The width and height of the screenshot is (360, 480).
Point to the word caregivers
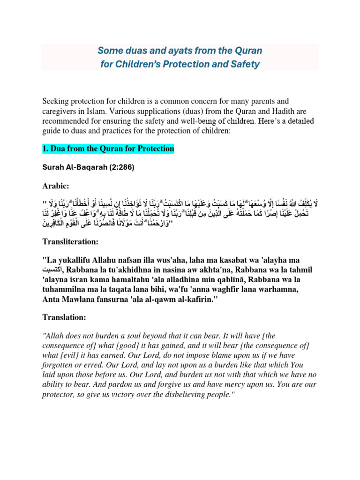[62, 111]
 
